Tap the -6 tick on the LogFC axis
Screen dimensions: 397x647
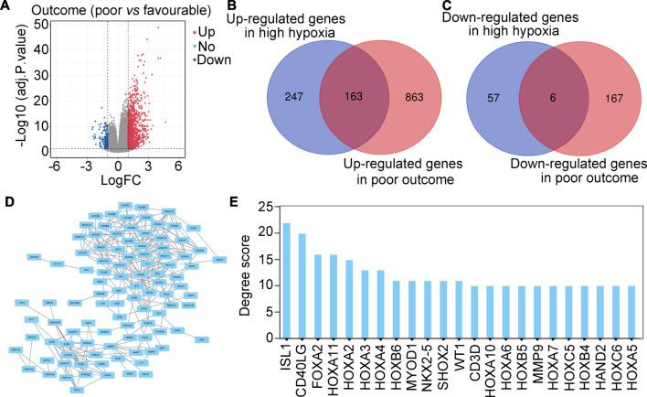tap(54, 166)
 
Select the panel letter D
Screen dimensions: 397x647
tap(7, 198)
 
